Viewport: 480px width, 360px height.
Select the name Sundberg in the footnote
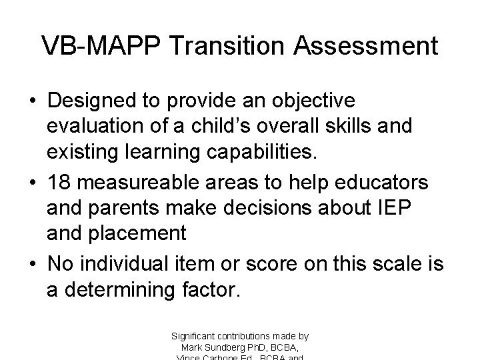tap(225, 348)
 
